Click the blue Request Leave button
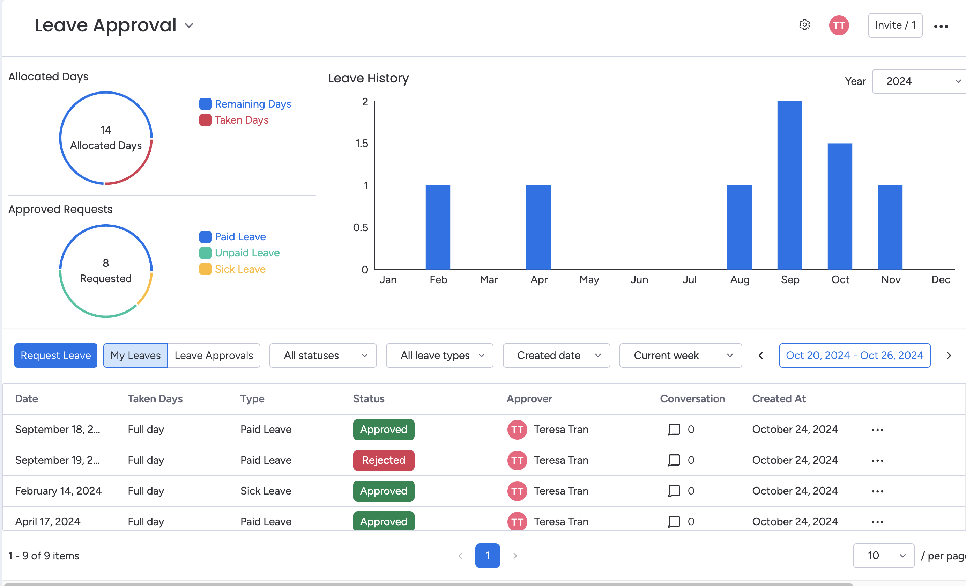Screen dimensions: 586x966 tap(56, 356)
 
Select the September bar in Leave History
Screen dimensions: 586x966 tap(789, 185)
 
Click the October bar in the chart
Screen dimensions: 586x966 tap(840, 206)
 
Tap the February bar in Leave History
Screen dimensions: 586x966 tap(438, 227)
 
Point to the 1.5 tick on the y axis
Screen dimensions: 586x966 tap(362, 144)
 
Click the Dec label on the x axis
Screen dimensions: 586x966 tap(941, 280)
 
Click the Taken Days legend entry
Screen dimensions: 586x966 tap(241, 120)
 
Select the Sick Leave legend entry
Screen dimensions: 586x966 tap(240, 269)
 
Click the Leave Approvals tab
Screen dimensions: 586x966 tap(214, 356)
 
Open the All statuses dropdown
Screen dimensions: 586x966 tap(323, 356)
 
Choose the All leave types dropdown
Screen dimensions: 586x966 tap(439, 356)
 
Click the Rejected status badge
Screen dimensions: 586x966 tap(384, 460)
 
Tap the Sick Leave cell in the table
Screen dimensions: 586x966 tap(266, 491)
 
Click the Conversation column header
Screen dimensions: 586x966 tap(692, 398)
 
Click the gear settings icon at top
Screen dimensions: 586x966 tap(804, 25)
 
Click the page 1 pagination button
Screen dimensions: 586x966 tap(487, 555)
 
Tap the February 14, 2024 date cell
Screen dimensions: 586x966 tap(58, 491)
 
